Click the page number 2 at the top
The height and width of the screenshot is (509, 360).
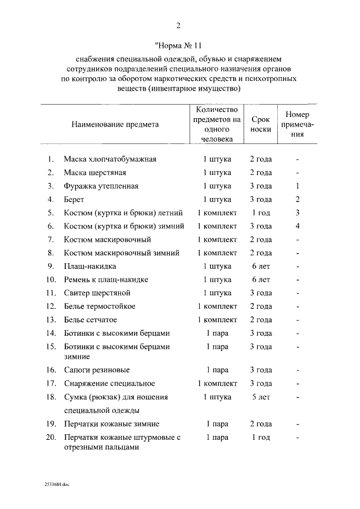(179, 25)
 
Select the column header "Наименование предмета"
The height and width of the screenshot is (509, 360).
(115, 124)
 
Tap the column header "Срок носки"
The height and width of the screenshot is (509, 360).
(260, 124)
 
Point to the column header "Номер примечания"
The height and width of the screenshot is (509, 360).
(297, 124)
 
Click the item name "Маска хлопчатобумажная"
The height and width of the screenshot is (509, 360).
(110, 159)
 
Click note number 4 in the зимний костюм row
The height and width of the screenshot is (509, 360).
(297, 226)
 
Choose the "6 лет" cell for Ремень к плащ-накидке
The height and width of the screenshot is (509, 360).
(260, 280)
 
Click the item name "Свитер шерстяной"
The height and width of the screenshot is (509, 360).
(97, 293)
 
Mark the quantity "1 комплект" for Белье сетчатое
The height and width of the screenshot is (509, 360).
(217, 320)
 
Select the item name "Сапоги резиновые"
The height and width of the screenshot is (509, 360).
(97, 370)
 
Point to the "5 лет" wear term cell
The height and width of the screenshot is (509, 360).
(260, 397)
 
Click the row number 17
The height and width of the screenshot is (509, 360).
(51, 383)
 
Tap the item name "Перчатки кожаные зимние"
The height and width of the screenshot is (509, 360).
(111, 424)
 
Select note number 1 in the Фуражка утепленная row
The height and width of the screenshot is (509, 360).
(297, 186)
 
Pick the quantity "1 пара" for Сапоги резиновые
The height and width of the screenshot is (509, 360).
(217, 370)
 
